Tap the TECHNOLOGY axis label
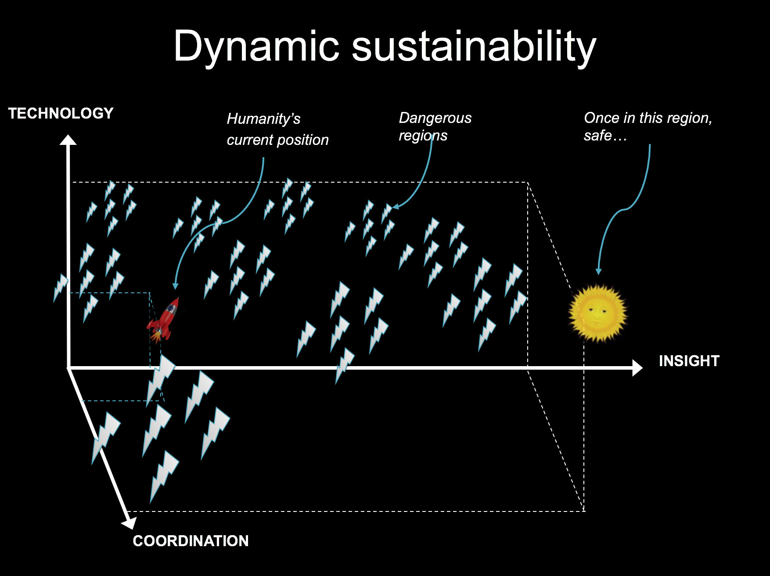tap(61, 113)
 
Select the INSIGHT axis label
tap(689, 361)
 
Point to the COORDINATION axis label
tap(191, 540)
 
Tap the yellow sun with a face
tap(597, 313)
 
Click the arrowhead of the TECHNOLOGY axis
tap(68, 140)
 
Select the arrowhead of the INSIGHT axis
tap(637, 368)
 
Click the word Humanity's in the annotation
tap(263, 119)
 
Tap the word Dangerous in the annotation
tap(435, 118)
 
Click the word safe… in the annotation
tap(605, 136)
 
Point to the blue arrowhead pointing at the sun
tap(598, 271)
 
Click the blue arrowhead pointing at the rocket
tap(175, 286)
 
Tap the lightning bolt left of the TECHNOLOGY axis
tap(60, 287)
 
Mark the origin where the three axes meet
tap(69, 368)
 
